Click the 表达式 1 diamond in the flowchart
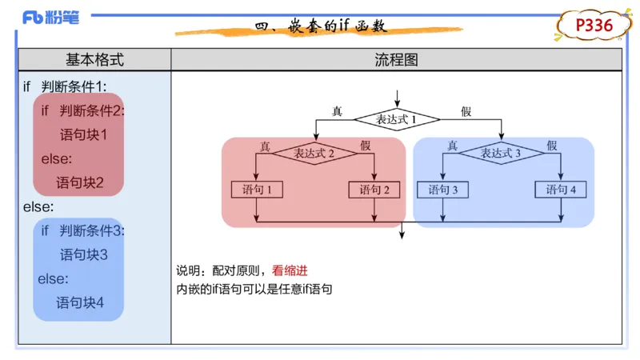tap(398, 119)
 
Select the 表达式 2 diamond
tap(314, 154)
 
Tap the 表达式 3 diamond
tap(502, 154)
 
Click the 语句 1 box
tap(257, 190)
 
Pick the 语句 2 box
tap(374, 190)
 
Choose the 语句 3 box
tap(443, 190)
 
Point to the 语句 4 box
tap(561, 190)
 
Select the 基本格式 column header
tap(94, 60)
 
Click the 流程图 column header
tap(396, 60)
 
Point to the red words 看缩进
tap(290, 271)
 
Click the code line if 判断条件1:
tap(65, 86)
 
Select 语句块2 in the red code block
tap(80, 182)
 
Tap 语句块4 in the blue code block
tap(80, 302)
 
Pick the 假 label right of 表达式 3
tap(552, 146)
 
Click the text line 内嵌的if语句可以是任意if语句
tap(254, 290)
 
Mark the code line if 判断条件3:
tap(82, 230)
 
